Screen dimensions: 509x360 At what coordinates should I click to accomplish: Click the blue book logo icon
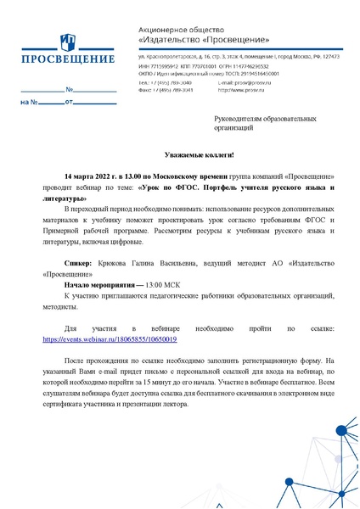tap(66, 42)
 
